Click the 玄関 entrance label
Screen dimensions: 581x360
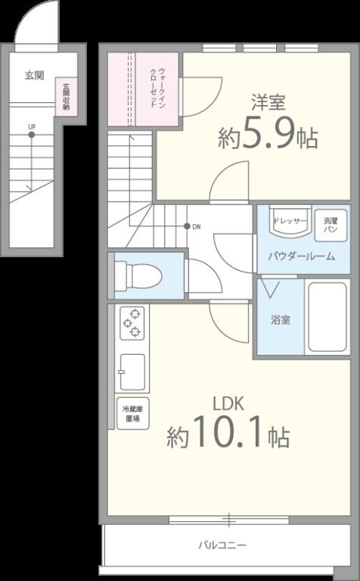(x=34, y=75)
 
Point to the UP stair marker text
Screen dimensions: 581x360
(x=31, y=126)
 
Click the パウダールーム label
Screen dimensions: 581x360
(x=300, y=256)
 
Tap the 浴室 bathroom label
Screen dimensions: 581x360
(x=280, y=318)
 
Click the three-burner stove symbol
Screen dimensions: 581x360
(x=133, y=322)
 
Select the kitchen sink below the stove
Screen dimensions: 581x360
(x=133, y=370)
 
